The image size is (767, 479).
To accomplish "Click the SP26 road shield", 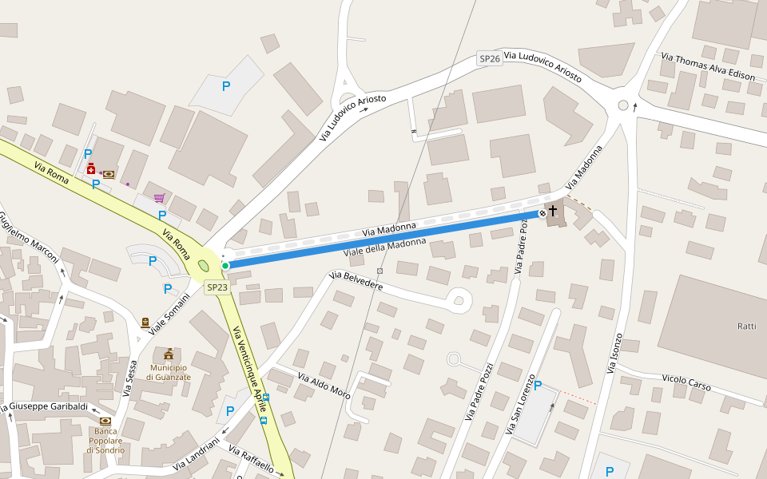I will [x=490, y=58].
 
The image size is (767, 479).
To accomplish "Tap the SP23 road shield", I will [x=217, y=287].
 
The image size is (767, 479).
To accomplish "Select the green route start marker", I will [x=225, y=265].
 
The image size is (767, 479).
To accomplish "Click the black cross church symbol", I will [x=553, y=212].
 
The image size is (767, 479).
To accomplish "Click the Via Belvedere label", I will [x=356, y=281].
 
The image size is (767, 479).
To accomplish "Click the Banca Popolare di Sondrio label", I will [x=105, y=440].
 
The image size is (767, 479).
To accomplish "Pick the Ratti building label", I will [x=747, y=327].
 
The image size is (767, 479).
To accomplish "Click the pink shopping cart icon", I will [x=159, y=197].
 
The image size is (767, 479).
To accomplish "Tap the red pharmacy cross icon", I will [x=91, y=169].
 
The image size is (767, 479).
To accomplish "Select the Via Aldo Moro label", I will [x=324, y=386].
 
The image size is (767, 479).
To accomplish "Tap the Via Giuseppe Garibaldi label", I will [x=46, y=407].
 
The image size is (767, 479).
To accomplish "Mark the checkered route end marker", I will [x=542, y=213].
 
